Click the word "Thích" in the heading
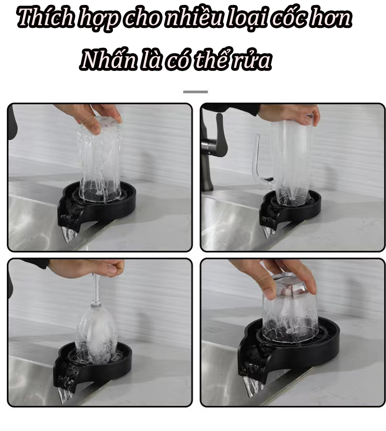pos(45,18)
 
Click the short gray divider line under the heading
pos(195,92)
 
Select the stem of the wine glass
pos(96,290)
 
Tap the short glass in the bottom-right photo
pos(290,310)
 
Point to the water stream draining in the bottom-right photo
pos(253,386)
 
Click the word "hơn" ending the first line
pos(336,18)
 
